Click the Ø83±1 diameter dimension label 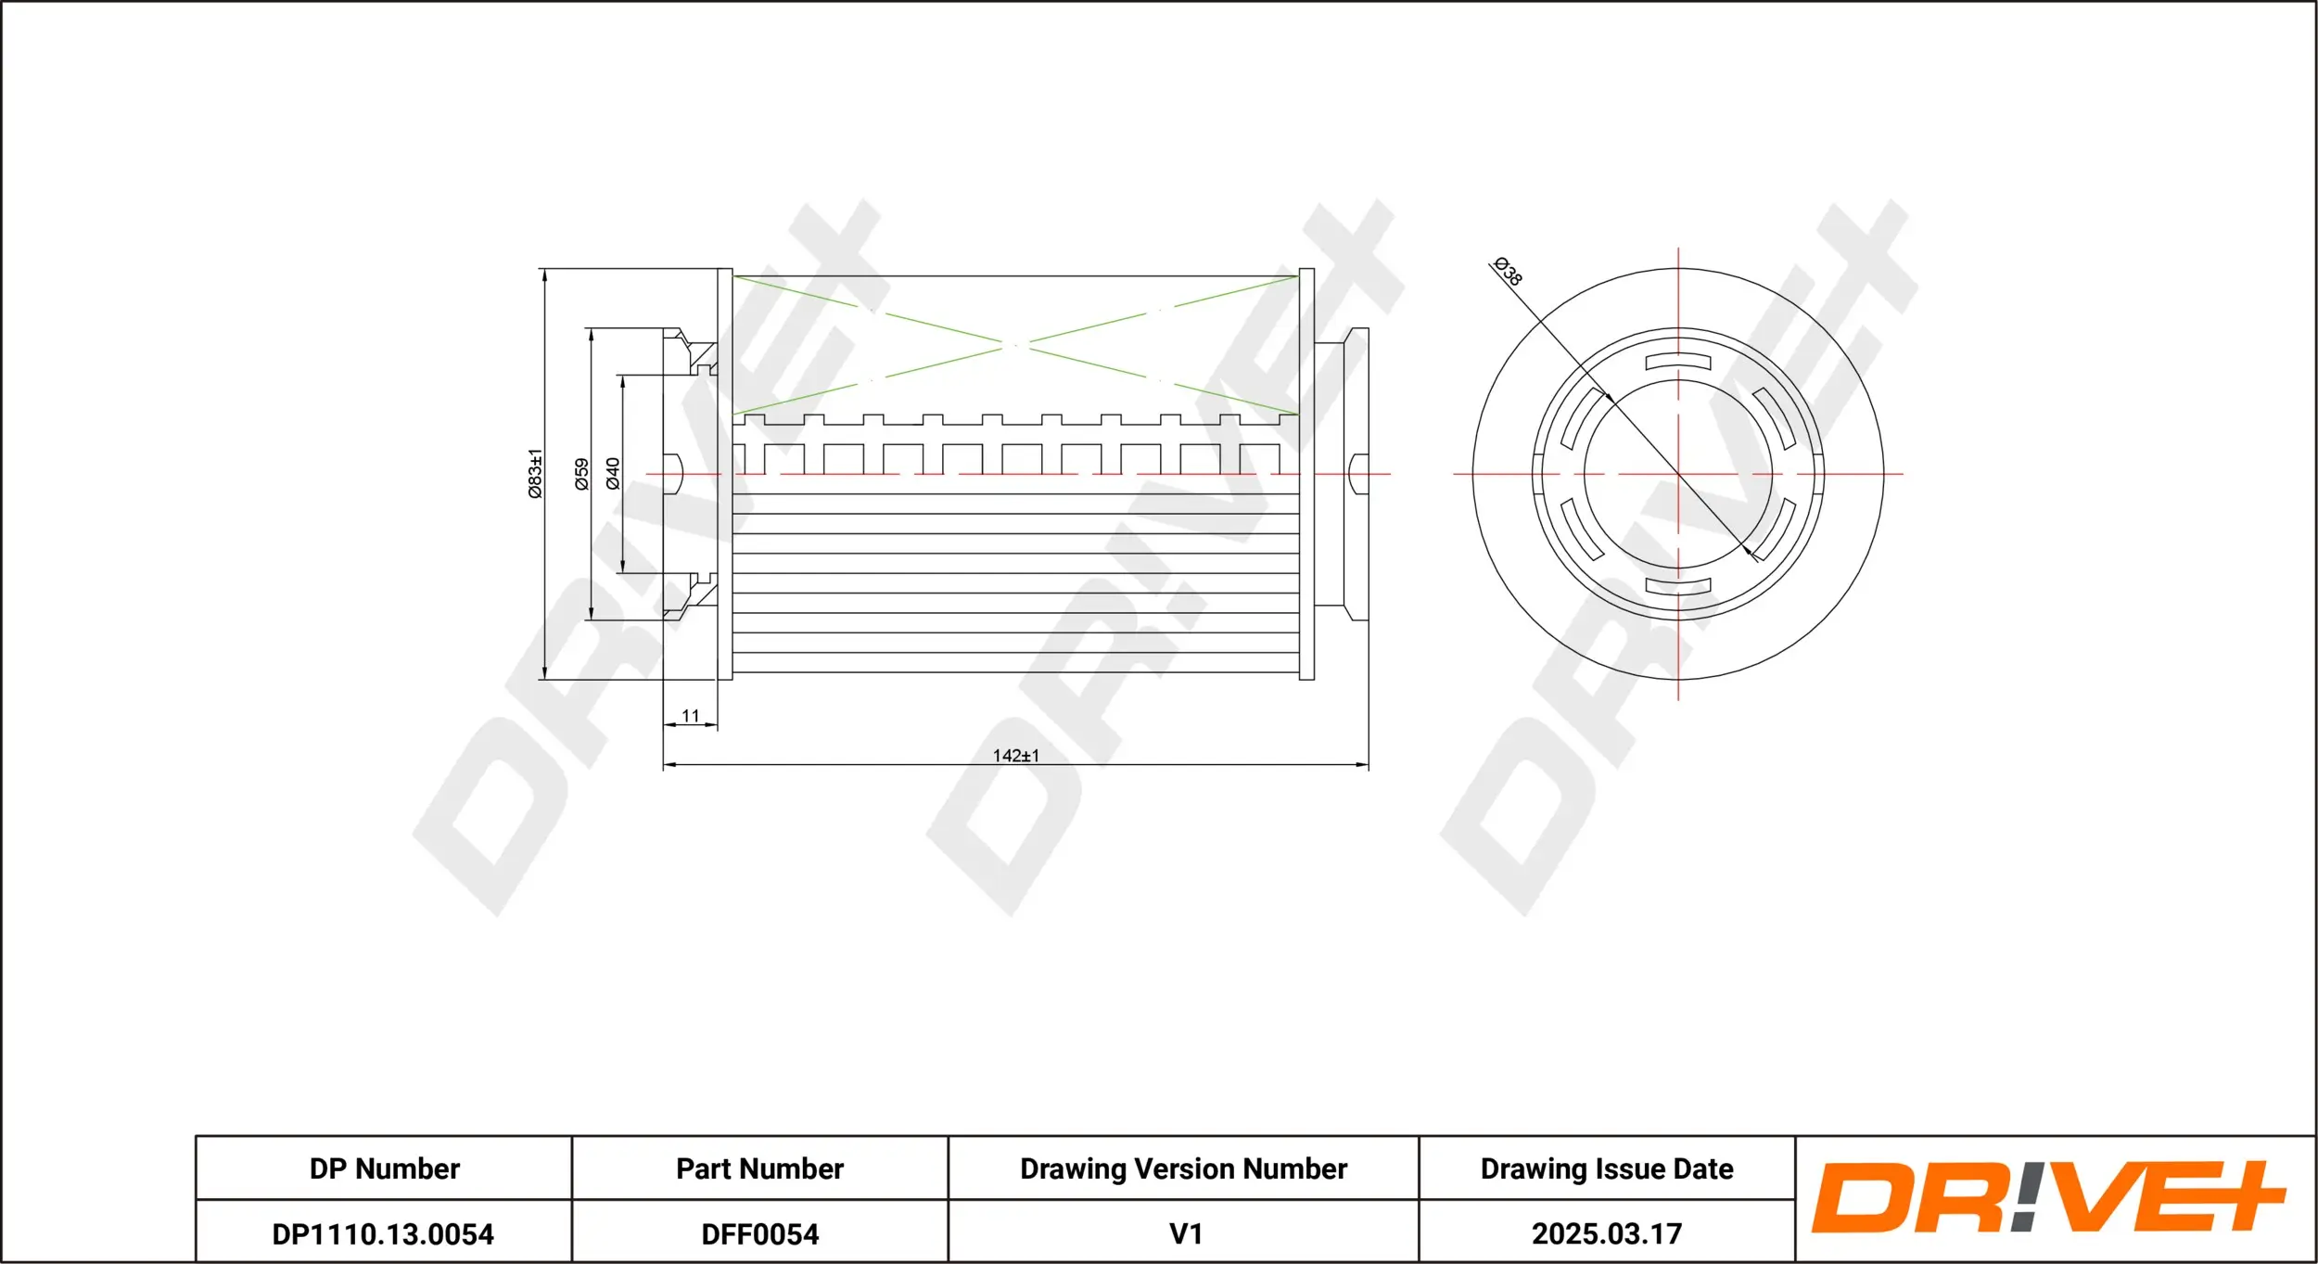(535, 474)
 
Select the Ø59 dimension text (581, 474)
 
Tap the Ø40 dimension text (613, 473)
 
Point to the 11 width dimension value (691, 716)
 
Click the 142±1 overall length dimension (1016, 756)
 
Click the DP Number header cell (384, 1168)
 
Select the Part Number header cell (759, 1168)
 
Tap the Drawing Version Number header (1183, 1168)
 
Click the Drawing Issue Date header (1607, 1168)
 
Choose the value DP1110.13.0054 (383, 1234)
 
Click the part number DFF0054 (759, 1234)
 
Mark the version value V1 (1185, 1234)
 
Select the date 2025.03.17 (1607, 1234)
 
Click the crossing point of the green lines (1015, 345)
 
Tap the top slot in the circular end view (1678, 362)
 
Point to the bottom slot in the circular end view (1678, 586)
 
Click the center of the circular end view (1678, 474)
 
